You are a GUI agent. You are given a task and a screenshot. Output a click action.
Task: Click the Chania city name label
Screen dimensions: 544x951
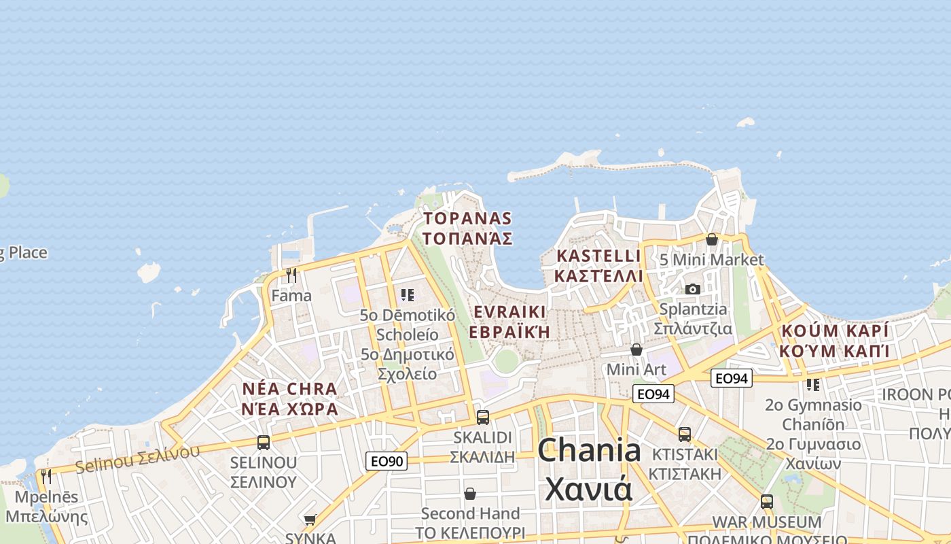[x=589, y=469]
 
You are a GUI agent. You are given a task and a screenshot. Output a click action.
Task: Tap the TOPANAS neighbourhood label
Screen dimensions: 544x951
[x=467, y=228]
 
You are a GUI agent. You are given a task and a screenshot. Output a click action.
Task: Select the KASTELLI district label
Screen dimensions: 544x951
[x=598, y=266]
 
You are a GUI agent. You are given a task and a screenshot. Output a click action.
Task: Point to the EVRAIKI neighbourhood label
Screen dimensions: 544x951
[x=509, y=322]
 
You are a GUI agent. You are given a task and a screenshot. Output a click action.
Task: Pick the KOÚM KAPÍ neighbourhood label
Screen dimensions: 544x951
[x=835, y=341]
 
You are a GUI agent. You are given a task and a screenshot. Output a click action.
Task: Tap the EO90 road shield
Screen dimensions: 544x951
[x=386, y=461]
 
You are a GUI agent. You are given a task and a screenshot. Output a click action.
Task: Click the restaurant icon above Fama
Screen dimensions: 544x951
[x=291, y=275]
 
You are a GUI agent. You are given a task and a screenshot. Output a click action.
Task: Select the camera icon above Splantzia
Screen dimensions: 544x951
[x=693, y=289]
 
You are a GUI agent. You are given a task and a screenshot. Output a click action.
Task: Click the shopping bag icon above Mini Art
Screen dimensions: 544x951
[x=636, y=350]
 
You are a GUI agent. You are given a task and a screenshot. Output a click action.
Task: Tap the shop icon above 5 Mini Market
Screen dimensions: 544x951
[x=711, y=239]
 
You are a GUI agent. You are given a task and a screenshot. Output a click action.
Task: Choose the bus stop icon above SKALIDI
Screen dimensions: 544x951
[x=482, y=417]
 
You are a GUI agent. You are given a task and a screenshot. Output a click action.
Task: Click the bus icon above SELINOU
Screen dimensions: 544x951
[x=264, y=443]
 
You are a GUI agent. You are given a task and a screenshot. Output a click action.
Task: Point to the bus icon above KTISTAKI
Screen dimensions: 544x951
[x=685, y=434]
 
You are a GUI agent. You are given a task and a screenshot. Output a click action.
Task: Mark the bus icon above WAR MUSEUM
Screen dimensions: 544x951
[x=767, y=502]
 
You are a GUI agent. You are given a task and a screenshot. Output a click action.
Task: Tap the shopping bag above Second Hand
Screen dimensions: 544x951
[x=469, y=493]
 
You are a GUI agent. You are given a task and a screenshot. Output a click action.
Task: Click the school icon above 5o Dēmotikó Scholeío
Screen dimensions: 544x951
[x=408, y=294]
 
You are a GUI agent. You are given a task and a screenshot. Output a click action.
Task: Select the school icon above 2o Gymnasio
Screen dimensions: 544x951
[x=813, y=384]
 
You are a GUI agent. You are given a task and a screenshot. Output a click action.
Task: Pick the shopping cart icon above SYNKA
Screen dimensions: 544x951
[x=310, y=520]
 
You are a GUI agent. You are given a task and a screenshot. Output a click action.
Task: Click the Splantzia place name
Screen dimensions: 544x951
[x=693, y=319]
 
